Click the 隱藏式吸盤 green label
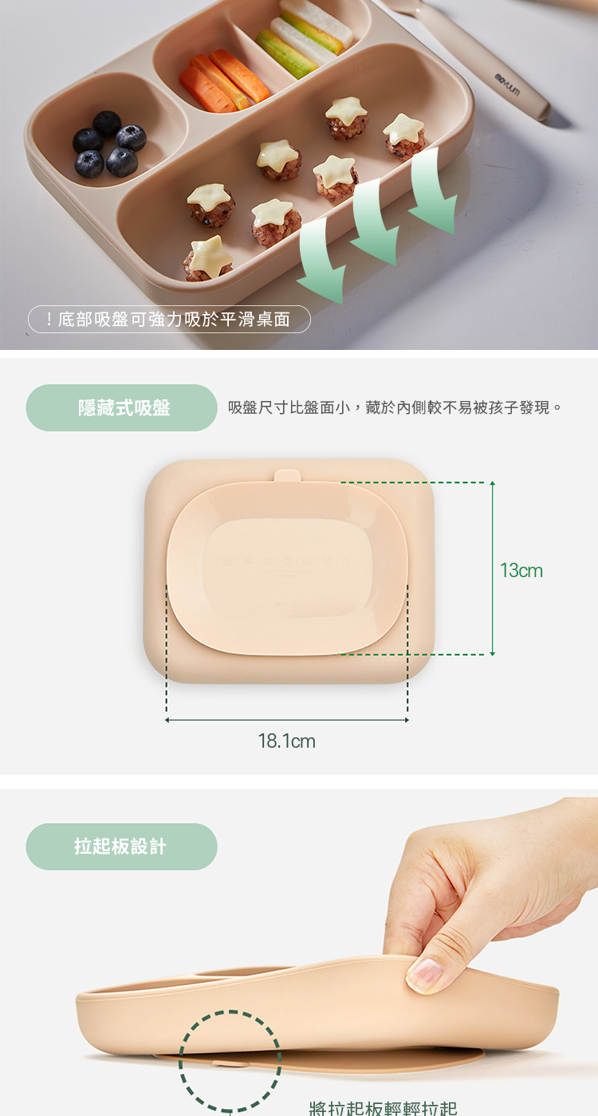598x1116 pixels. click(122, 408)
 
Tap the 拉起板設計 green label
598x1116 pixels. click(121, 847)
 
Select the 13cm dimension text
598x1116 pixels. click(521, 571)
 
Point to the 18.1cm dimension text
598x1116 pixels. click(287, 742)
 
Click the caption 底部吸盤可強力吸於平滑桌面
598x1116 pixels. click(174, 320)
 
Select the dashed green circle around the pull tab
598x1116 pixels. click(230, 1060)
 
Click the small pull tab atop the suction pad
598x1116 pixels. click(288, 476)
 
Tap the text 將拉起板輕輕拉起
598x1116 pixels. click(383, 1107)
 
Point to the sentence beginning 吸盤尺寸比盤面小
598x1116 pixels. click(395, 408)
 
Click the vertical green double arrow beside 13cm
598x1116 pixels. click(493, 568)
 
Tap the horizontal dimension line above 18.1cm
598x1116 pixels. click(287, 720)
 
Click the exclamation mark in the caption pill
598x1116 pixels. click(49, 320)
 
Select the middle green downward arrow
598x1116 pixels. click(376, 222)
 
